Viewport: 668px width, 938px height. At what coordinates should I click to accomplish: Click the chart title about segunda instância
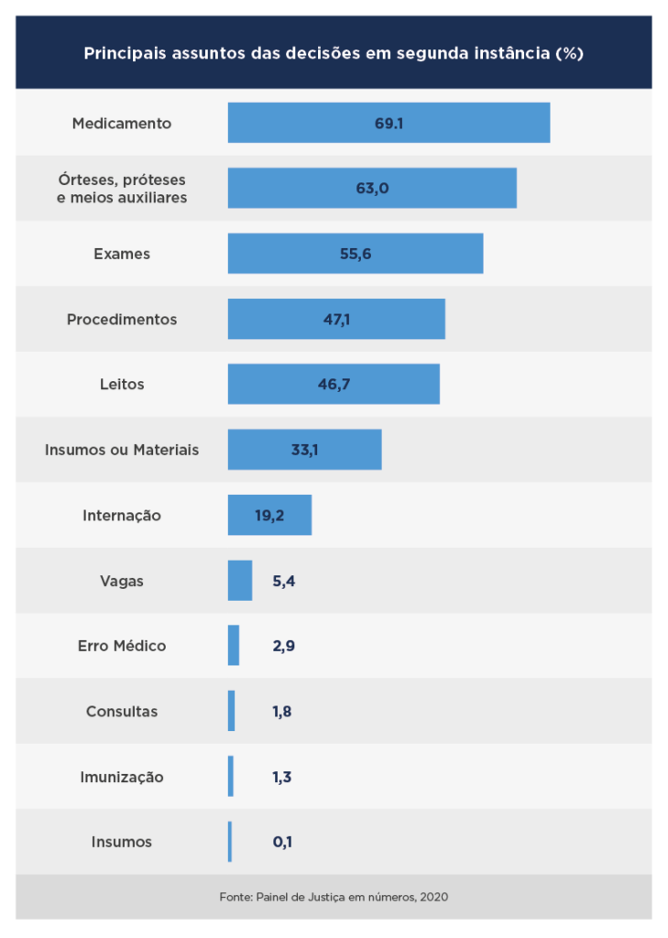334,53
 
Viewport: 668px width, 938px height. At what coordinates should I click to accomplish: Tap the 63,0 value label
373,189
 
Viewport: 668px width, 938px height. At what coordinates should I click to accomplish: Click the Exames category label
122,254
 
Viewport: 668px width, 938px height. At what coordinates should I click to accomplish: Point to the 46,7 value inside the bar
334,385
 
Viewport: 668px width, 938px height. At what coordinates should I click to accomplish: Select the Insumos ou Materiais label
122,450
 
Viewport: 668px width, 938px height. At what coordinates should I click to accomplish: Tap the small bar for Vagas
240,581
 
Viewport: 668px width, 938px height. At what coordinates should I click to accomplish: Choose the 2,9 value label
283,646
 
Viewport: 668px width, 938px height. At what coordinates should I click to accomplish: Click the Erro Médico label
122,646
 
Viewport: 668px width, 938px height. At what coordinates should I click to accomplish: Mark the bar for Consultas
232,711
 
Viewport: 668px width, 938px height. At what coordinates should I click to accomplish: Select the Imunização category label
122,777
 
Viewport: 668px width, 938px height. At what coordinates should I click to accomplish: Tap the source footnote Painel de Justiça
334,897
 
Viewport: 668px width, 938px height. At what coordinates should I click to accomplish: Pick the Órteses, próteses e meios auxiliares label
122,189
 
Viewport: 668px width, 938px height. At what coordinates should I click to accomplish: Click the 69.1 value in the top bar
389,123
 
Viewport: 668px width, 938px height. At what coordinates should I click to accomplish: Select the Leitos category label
122,385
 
